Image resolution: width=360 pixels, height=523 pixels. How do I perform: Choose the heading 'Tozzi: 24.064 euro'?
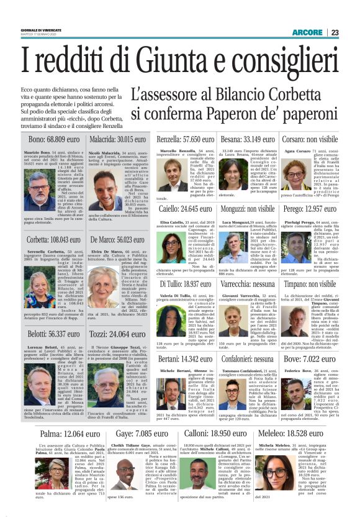(x=117, y=334)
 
